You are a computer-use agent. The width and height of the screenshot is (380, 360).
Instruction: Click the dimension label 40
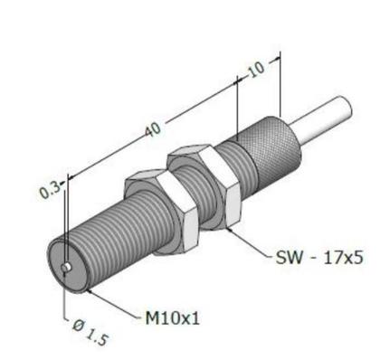click(153, 129)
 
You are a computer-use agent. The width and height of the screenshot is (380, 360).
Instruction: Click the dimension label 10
click(256, 69)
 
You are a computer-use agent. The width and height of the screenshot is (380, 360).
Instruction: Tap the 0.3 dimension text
click(49, 190)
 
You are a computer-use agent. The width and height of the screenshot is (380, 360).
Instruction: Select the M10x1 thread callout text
click(173, 317)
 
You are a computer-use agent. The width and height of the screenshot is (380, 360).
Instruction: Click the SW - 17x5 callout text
click(319, 258)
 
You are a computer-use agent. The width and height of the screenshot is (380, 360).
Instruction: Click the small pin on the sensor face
click(66, 268)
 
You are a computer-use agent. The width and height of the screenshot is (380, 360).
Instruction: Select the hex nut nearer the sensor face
click(162, 211)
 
